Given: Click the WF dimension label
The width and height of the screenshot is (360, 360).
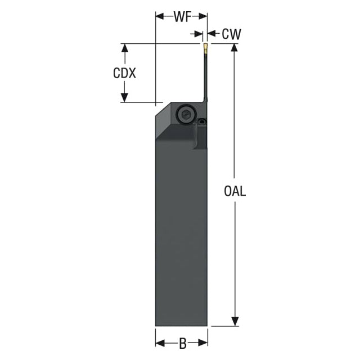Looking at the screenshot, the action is [x=183, y=17].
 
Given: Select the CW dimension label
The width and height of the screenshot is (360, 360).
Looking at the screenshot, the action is [x=231, y=34].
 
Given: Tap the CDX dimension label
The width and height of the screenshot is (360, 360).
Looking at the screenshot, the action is [x=124, y=73].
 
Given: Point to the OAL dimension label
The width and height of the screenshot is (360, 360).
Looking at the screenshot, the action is [x=235, y=191].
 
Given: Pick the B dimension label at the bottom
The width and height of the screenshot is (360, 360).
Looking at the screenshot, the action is [x=183, y=344].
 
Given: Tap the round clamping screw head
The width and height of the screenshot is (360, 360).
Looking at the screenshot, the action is [x=185, y=114].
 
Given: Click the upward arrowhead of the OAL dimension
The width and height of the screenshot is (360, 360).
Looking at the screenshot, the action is [x=234, y=48].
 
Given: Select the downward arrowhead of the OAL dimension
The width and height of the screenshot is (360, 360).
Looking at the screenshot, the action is [x=235, y=321].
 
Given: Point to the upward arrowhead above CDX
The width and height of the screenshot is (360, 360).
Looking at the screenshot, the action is [x=125, y=48].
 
